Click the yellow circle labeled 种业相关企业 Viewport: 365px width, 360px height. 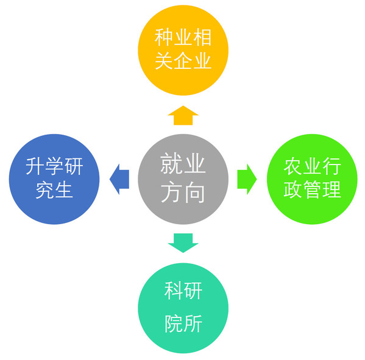pyautogui.click(x=183, y=51)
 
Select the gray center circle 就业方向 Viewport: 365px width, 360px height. pyautogui.click(x=183, y=179)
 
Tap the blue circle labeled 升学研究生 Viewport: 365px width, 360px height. pyautogui.click(x=54, y=179)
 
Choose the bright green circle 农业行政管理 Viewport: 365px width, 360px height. pyautogui.click(x=312, y=179)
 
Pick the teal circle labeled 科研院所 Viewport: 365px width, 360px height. pyautogui.click(x=183, y=308)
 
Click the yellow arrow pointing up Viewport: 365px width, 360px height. pyautogui.click(x=183, y=116)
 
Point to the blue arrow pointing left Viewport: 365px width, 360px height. pyautogui.click(x=119, y=179)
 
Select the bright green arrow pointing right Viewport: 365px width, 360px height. pyautogui.click(x=247, y=179)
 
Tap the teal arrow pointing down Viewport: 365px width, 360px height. pyautogui.click(x=183, y=242)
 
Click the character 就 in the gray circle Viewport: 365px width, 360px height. pyautogui.click(x=172, y=164)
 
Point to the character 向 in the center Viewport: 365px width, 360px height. pyautogui.click(x=194, y=192)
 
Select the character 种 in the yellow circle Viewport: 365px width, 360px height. pyautogui.click(x=164, y=37)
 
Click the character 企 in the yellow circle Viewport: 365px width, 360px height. pyautogui.click(x=183, y=60)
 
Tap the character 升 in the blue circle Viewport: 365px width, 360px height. pyautogui.click(x=35, y=166)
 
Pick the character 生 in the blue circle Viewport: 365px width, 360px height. pyautogui.click(x=63, y=190)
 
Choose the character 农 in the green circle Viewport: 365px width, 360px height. pyautogui.click(x=293, y=166)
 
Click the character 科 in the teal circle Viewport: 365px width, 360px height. pyautogui.click(x=174, y=291)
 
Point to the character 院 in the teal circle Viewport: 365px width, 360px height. pyautogui.click(x=174, y=323)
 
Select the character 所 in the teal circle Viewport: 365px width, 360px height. pyautogui.click(x=193, y=323)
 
